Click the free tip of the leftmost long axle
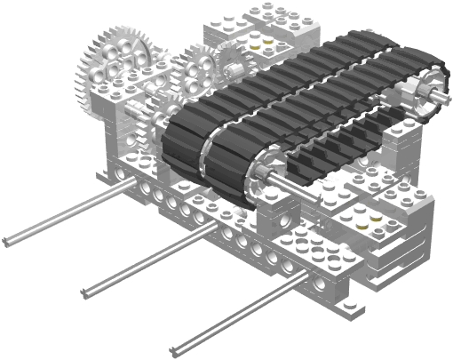[7, 241]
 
